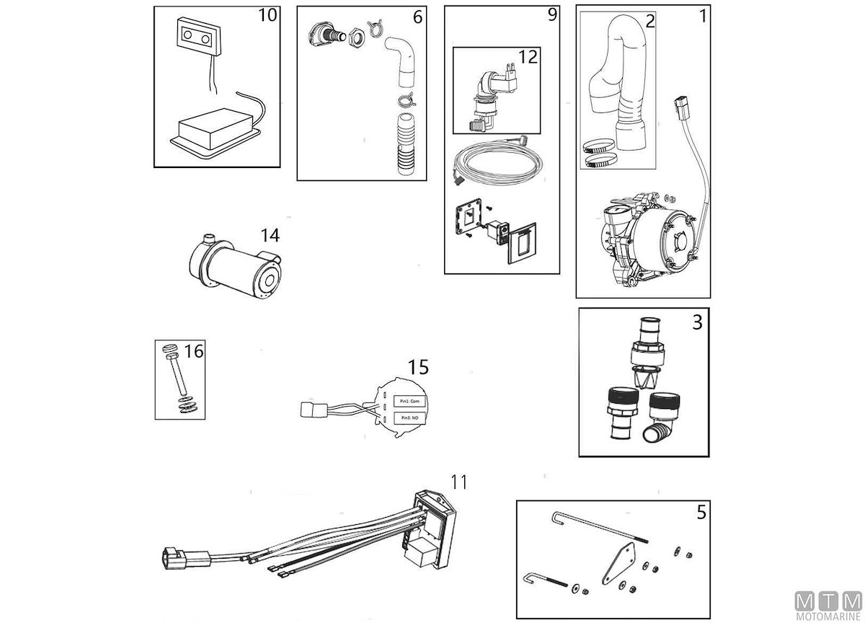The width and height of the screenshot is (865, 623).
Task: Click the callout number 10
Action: [x=267, y=15]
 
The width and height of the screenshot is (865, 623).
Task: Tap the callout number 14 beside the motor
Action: [x=270, y=235]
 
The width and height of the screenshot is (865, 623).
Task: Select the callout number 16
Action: [x=194, y=351]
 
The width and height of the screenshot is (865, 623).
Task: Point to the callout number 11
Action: [x=459, y=482]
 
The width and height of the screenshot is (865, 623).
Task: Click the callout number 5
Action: [x=701, y=513]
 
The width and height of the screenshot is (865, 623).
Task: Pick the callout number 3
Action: [x=697, y=322]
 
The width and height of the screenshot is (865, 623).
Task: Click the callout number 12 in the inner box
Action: [x=528, y=57]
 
